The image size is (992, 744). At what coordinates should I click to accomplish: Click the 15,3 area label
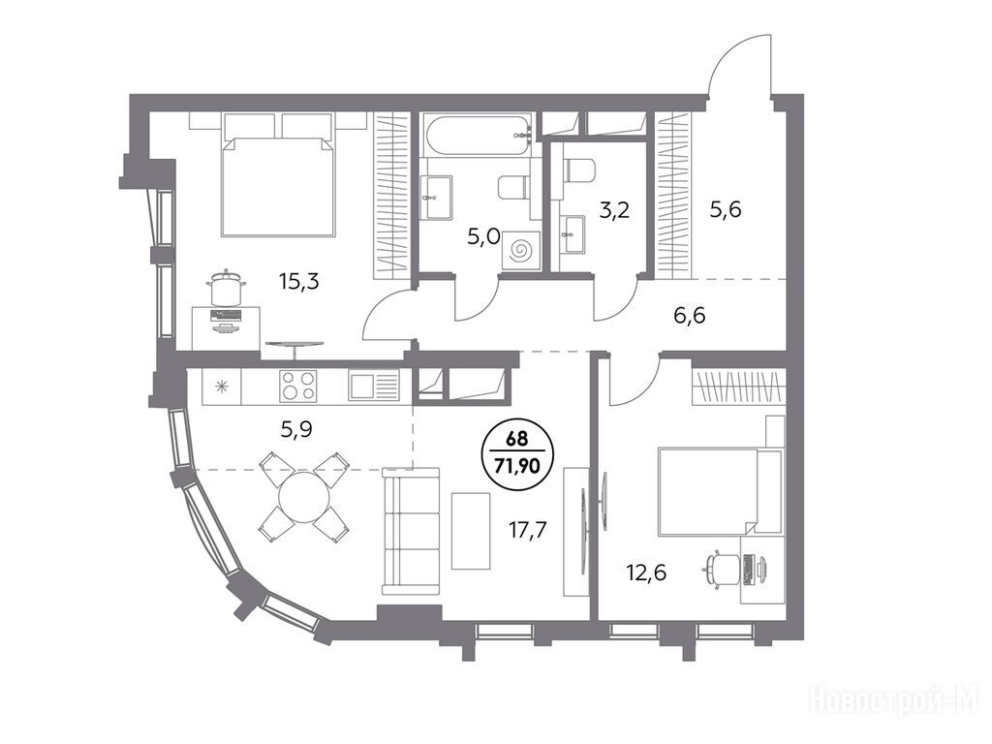(299, 282)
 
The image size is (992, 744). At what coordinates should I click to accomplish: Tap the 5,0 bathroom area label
(484, 237)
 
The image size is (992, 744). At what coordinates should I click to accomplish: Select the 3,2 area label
(614, 209)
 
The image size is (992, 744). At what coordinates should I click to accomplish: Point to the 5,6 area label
(725, 209)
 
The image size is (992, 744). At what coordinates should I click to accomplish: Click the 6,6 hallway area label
(689, 315)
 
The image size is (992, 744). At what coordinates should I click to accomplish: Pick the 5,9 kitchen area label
(296, 430)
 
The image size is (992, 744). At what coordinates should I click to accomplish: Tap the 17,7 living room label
(528, 528)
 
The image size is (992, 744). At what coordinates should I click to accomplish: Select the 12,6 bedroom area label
(647, 573)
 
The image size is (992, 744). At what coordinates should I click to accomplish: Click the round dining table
(303, 496)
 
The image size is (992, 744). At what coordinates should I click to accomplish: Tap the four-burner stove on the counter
(298, 386)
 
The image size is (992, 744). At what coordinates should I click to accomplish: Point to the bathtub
(478, 134)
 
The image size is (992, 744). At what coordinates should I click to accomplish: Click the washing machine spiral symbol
(521, 251)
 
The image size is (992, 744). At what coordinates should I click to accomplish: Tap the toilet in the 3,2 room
(580, 170)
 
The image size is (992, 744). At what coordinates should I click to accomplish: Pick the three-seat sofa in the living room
(411, 532)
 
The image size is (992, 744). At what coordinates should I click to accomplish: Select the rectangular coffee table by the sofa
(471, 531)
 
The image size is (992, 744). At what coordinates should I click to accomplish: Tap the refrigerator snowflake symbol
(222, 386)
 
